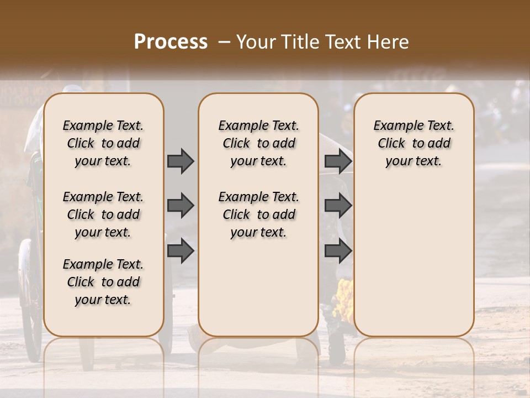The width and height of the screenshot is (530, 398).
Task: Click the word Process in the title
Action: [x=170, y=42]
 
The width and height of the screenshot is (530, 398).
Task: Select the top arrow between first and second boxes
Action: [x=181, y=161]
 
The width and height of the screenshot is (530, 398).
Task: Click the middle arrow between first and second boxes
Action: [x=181, y=206]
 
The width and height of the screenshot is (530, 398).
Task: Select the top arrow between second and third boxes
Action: [x=338, y=161]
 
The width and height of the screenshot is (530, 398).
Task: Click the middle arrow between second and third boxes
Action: [x=338, y=206]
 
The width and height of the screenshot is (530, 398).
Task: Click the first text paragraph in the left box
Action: [x=103, y=143]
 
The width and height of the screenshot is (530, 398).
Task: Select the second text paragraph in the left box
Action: [x=103, y=214]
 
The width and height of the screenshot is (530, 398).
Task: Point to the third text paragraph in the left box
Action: [x=103, y=282]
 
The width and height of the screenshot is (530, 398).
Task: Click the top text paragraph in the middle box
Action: [x=258, y=143]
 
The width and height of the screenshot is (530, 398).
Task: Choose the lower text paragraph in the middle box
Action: [x=258, y=214]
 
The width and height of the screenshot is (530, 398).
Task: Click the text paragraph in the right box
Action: [x=414, y=143]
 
